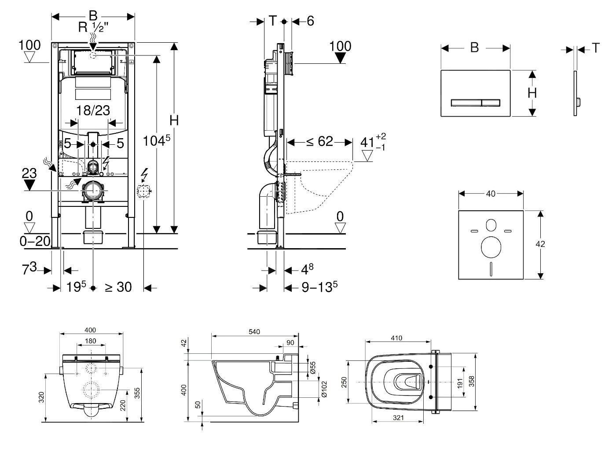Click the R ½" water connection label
pos(93,27)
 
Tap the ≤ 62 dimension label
pos(319,142)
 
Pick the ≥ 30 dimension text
pos(118,287)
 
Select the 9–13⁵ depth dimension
pos(319,287)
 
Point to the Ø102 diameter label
pos(325,389)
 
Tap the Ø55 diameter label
pos(312,368)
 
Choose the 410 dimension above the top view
pos(396,338)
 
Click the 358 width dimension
pos(471,381)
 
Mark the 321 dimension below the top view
pos(398,418)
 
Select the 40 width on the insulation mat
pos(490,193)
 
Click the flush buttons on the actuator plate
pos(475,103)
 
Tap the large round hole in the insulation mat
pos(491,248)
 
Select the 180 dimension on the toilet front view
pos(90,341)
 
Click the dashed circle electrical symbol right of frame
pos(144,191)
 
